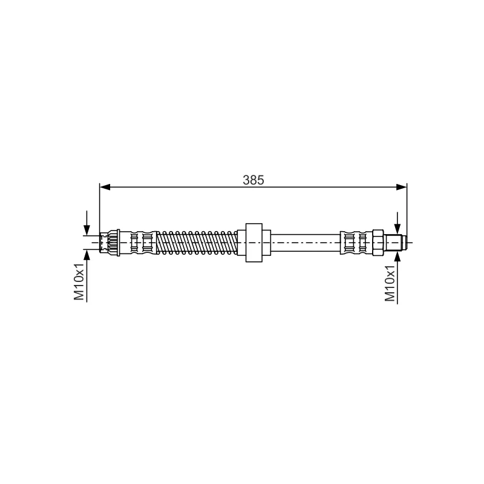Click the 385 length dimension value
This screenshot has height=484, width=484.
(x=253, y=180)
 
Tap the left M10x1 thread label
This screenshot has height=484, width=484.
(x=79, y=281)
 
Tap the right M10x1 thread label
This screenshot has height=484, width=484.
(x=390, y=283)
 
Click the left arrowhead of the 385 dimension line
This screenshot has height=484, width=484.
(x=105, y=187)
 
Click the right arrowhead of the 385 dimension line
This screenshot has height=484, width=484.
(x=401, y=187)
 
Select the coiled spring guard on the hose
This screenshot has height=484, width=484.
(x=197, y=243)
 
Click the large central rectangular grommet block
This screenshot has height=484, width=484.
(x=253, y=243)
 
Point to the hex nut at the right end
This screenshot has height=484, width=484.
(x=378, y=243)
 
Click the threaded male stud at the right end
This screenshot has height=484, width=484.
(x=394, y=243)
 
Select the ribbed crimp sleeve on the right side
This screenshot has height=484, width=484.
(x=356, y=243)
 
